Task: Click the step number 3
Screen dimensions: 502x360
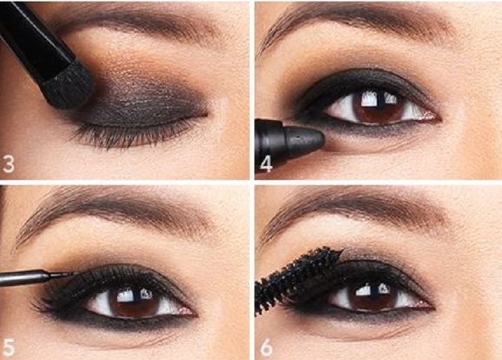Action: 8,163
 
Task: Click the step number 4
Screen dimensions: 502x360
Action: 266,164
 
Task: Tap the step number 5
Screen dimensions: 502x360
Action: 8,347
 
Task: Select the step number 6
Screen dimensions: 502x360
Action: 266,347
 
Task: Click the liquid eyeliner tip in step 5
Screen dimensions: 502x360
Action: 69,274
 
